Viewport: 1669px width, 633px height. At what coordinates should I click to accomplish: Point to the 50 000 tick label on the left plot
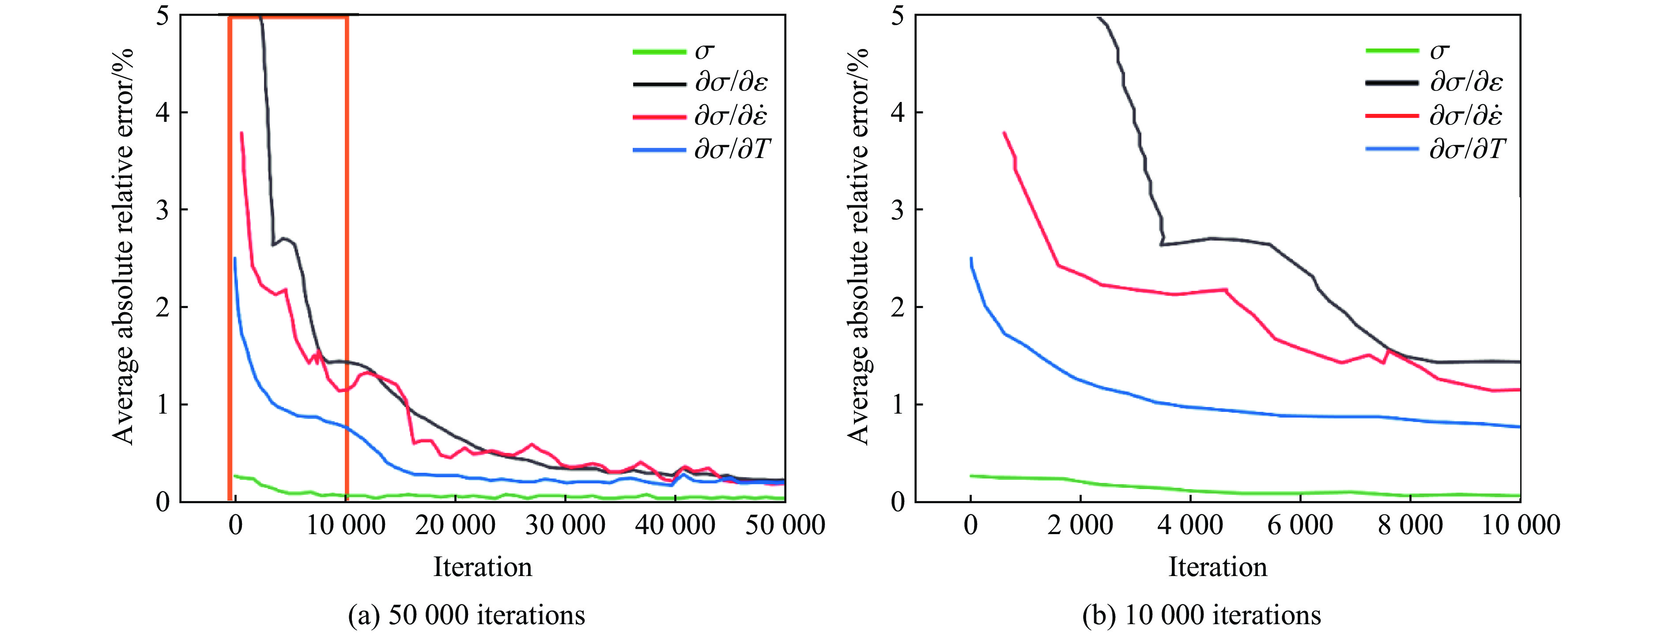[785, 525]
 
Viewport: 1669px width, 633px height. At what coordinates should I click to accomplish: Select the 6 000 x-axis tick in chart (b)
[1300, 525]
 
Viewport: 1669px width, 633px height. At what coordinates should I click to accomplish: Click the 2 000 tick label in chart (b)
[1080, 525]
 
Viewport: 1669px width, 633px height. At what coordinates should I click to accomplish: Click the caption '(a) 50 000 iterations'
[467, 614]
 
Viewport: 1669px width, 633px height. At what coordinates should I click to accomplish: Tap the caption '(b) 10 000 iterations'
[1201, 614]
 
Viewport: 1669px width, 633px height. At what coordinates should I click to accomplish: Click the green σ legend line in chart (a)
[659, 52]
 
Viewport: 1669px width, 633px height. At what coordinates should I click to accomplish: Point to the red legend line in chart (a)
[659, 117]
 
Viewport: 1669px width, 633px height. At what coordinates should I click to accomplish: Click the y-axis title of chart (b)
[858, 246]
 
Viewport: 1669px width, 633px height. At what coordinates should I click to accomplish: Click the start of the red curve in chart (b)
[1004, 133]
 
